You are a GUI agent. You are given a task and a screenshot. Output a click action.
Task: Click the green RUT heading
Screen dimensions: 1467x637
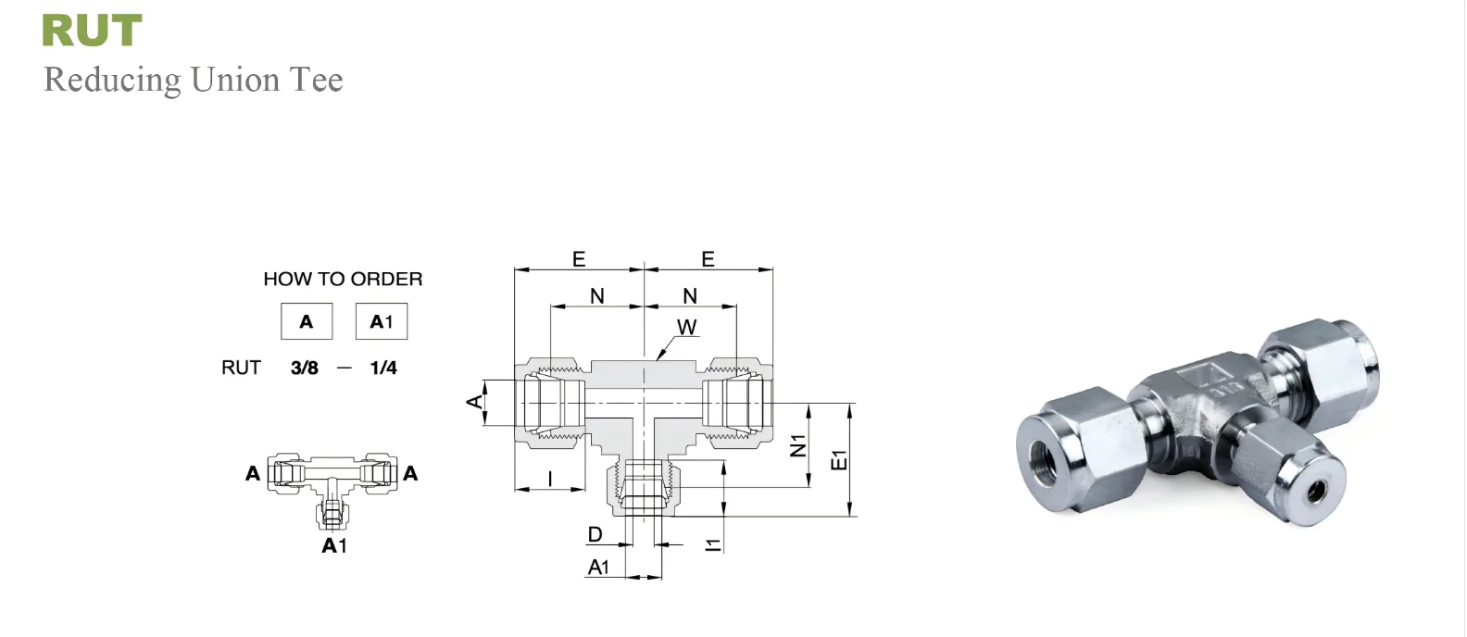coord(92,31)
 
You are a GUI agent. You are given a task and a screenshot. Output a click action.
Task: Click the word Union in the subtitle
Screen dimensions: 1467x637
coord(234,80)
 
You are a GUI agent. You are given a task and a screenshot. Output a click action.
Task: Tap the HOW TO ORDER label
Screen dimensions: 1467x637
coord(343,279)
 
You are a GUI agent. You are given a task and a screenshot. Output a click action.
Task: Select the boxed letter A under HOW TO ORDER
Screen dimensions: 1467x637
coord(307,321)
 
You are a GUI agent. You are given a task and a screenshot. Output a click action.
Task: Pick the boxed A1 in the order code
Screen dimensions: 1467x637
coord(382,321)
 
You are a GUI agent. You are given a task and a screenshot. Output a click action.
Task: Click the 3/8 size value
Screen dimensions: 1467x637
coord(305,368)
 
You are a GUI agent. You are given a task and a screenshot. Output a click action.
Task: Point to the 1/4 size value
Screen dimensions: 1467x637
coord(383,368)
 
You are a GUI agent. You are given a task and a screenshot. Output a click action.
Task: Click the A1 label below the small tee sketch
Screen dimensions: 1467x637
coord(334,545)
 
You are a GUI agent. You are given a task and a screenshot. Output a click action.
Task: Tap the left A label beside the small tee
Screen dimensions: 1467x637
coord(253,473)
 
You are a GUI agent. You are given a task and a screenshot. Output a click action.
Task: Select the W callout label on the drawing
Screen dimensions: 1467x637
coord(686,327)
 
